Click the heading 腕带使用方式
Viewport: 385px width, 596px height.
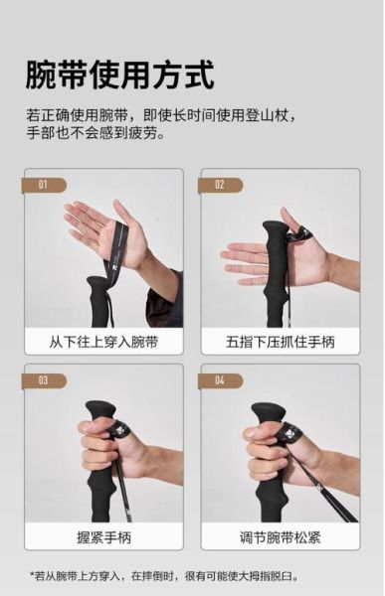(x=118, y=75)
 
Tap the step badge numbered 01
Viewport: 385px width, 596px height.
(x=44, y=185)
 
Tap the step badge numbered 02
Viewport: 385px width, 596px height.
(x=220, y=185)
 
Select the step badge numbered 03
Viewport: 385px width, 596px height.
(x=44, y=380)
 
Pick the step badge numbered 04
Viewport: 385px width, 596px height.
(x=220, y=380)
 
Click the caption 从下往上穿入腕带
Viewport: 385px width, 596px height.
(x=103, y=342)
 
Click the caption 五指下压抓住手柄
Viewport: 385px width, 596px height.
(x=280, y=342)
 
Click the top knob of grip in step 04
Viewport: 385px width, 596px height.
(x=268, y=410)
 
